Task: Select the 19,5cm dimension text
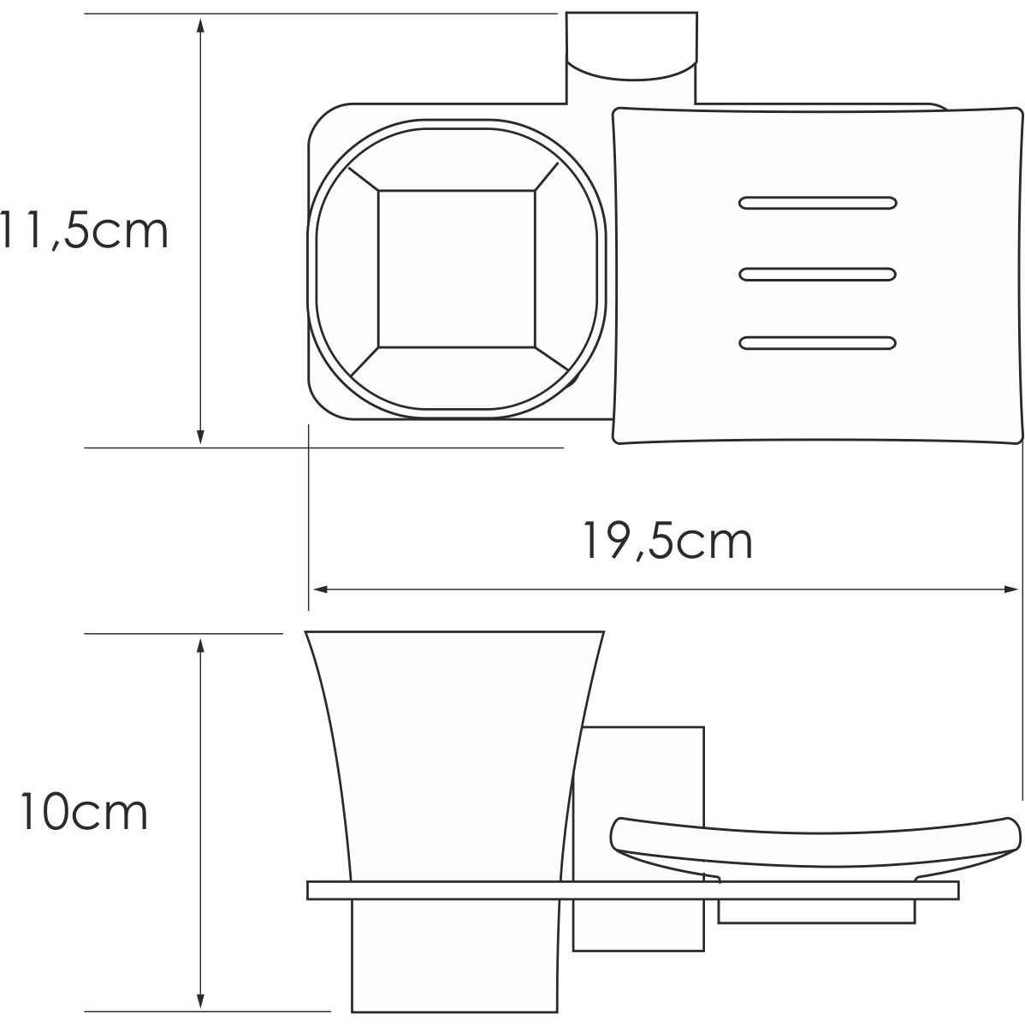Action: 667,541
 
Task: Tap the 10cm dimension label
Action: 84,813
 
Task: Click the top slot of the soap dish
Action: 817,204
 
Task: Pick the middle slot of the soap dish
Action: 817,274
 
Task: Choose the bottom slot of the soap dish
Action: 817,343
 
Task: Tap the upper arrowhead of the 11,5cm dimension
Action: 200,24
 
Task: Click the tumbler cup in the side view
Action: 453,753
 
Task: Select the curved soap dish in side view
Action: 813,843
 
